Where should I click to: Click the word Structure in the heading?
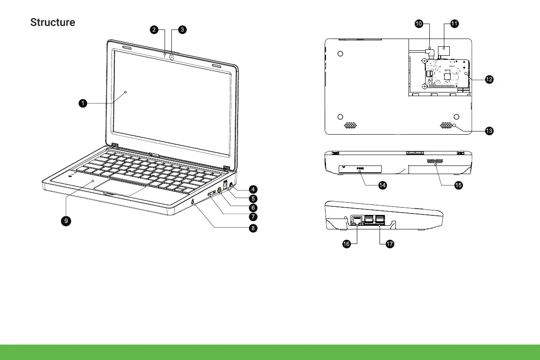pyautogui.click(x=53, y=22)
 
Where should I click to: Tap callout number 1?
pyautogui.click(x=82, y=103)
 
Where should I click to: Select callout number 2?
pyautogui.click(x=154, y=29)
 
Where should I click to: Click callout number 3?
pyautogui.click(x=181, y=29)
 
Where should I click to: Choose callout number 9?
pyautogui.click(x=66, y=220)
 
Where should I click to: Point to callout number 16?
pyautogui.click(x=346, y=244)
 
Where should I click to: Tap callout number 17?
pyautogui.click(x=389, y=244)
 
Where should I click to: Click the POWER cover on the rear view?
pyautogui.click(x=360, y=169)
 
